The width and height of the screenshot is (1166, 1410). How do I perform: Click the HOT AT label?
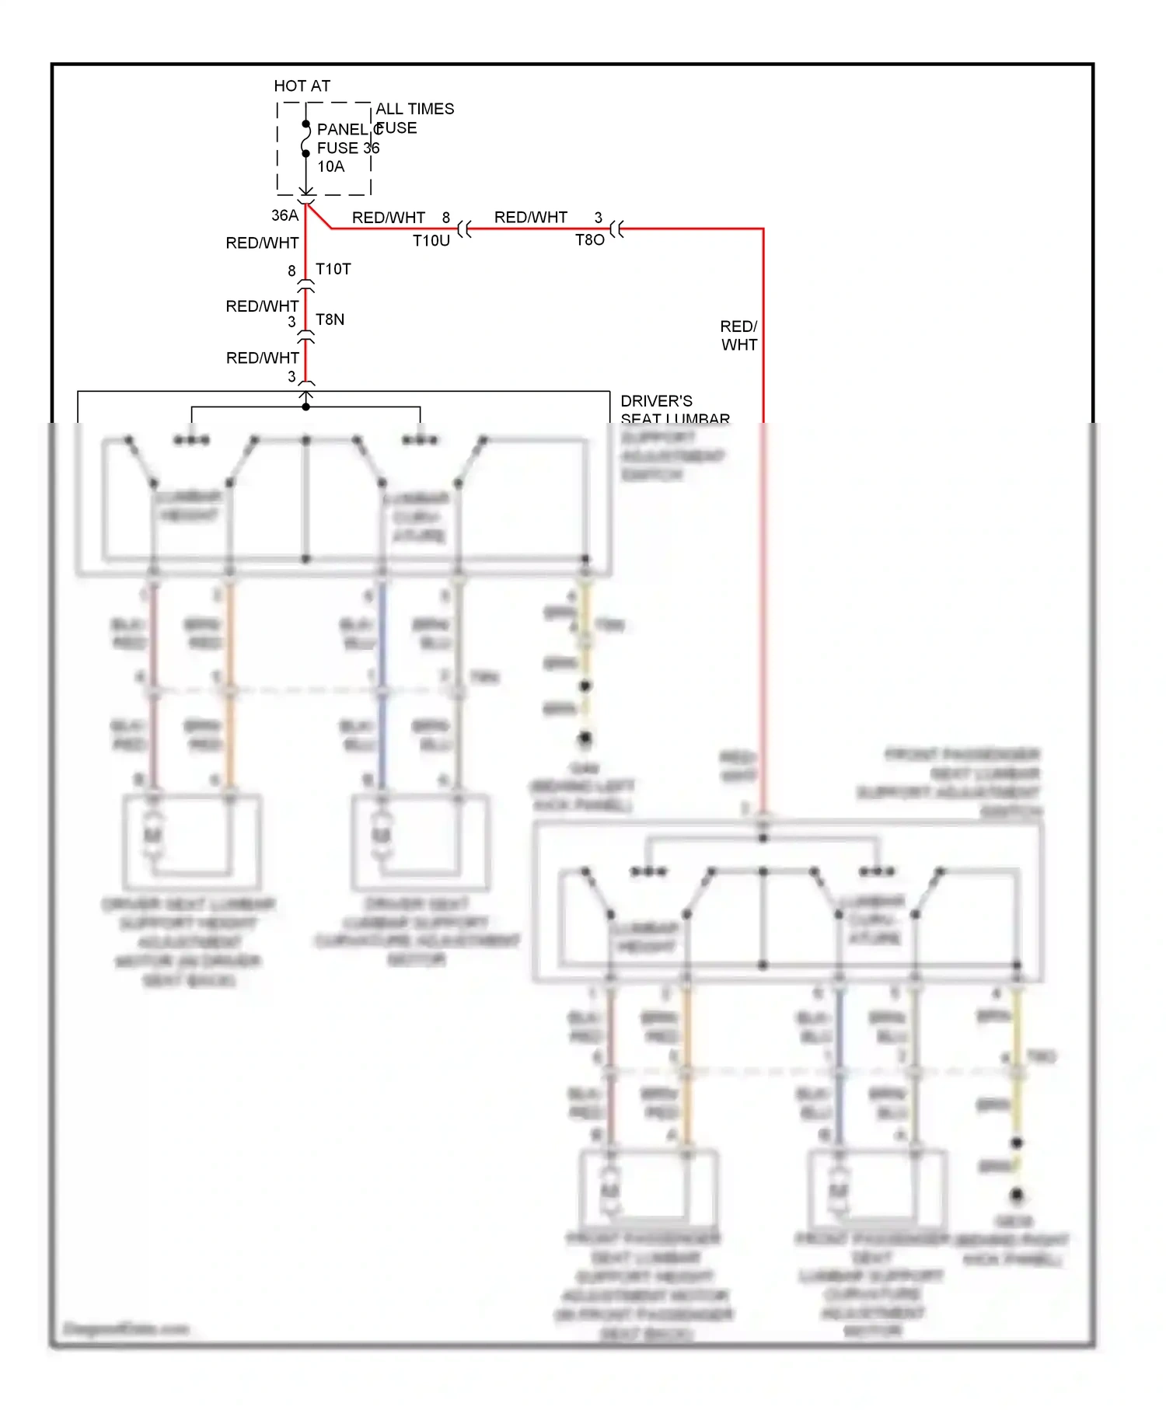click(302, 86)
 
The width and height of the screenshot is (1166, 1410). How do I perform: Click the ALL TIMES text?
click(414, 109)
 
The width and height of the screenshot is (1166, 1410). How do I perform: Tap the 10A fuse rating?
click(330, 166)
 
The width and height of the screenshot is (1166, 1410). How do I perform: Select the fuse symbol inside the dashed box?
click(305, 139)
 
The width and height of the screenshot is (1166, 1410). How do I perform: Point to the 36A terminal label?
click(285, 215)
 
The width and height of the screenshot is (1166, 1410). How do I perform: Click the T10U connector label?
click(431, 241)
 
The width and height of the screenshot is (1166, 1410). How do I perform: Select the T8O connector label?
click(589, 240)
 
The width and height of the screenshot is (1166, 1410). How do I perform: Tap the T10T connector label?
click(333, 269)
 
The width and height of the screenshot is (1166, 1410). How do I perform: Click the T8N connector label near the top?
click(330, 319)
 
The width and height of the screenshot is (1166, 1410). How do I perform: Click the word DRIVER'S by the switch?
click(656, 401)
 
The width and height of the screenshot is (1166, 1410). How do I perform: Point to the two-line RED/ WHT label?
click(738, 335)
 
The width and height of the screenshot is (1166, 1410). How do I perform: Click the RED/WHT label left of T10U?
click(388, 218)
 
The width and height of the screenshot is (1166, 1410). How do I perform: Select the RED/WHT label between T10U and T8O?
click(530, 218)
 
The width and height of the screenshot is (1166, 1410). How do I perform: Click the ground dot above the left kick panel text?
click(585, 737)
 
